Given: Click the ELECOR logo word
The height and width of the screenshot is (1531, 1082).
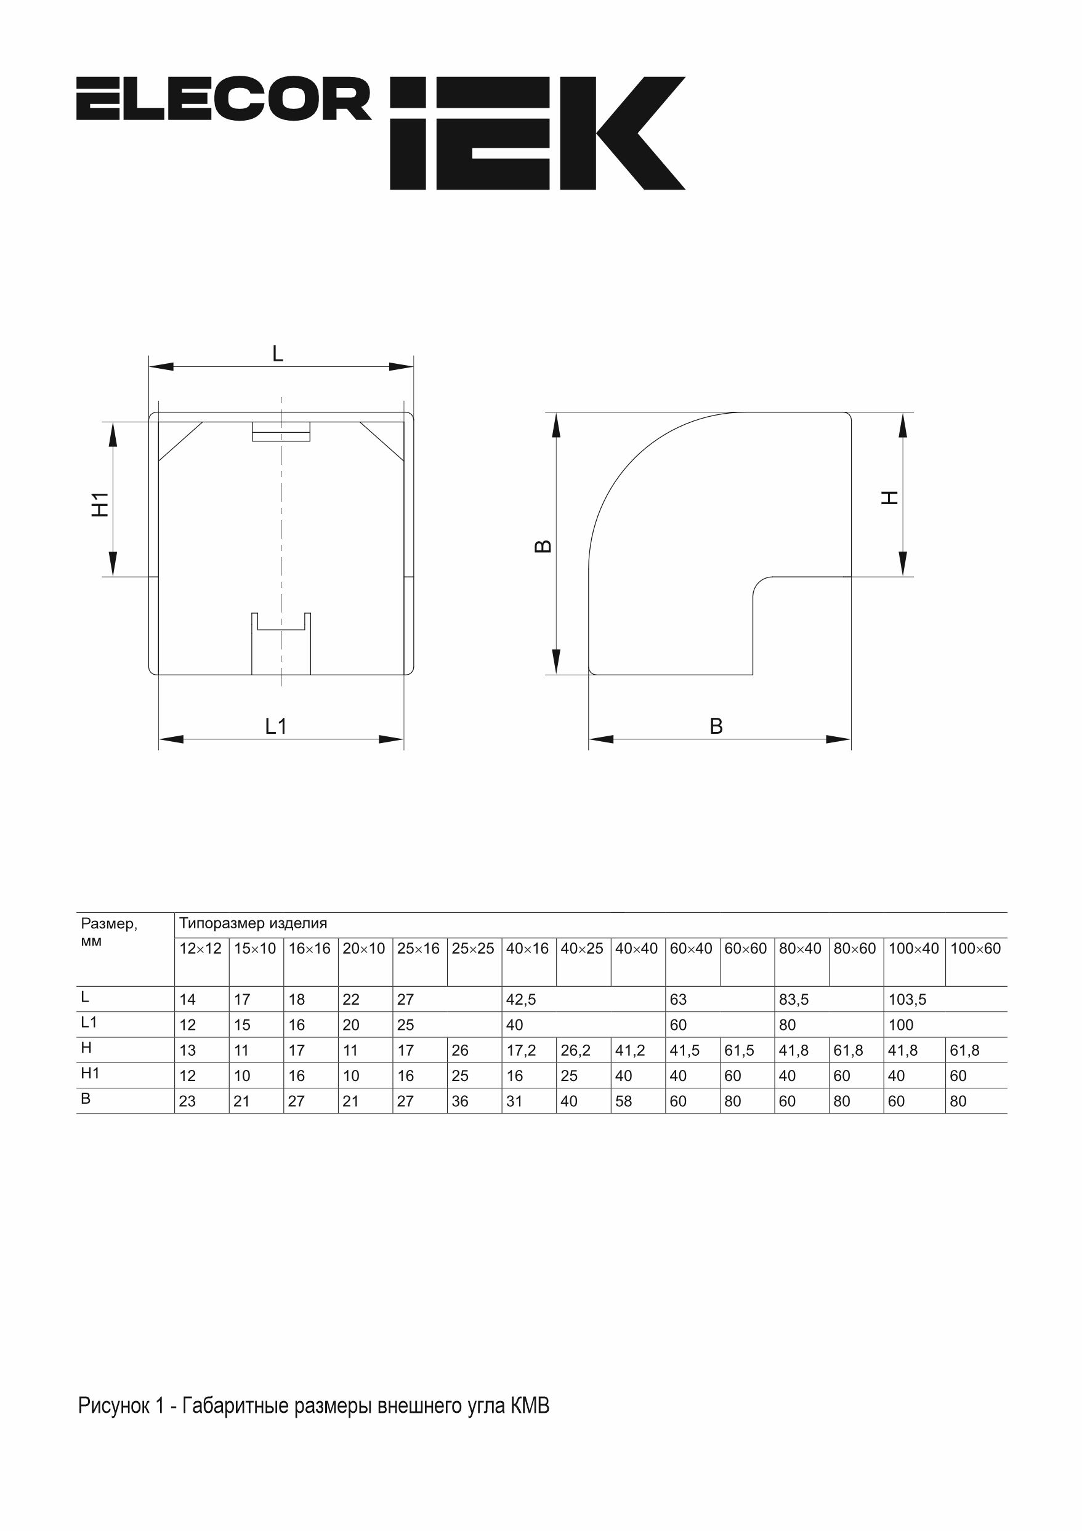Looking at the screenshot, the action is pos(224,98).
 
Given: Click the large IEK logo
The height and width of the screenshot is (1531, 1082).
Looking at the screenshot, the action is pos(538,134).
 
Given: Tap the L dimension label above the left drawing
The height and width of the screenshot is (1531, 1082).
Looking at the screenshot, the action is pos(278,353).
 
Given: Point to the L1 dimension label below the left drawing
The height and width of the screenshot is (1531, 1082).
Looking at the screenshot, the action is pos(275,726).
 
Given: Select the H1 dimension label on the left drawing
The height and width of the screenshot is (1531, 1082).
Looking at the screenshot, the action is pos(100,505).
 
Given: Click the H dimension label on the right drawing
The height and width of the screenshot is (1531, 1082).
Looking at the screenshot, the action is pos(890,497).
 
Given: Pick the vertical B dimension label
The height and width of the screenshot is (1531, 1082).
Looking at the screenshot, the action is pos(544,547).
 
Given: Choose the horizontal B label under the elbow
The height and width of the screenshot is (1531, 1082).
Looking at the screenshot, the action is pos(716,726).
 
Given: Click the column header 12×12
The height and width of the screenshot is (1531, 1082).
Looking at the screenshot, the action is pos(200,949).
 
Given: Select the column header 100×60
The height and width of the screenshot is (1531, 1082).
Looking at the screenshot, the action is pos(975,949).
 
